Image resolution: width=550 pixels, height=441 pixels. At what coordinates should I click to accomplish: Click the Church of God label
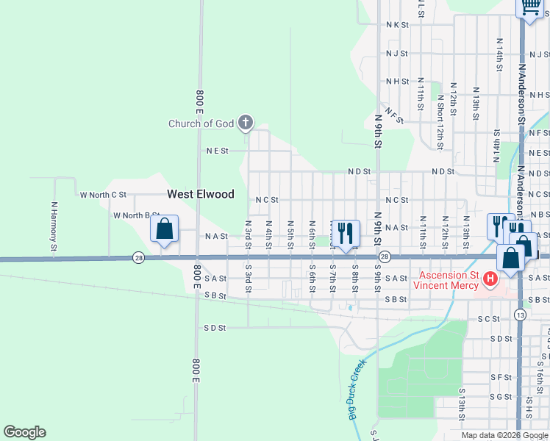pos(201,123)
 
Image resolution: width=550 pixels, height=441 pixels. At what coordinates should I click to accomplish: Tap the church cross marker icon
pos(246,123)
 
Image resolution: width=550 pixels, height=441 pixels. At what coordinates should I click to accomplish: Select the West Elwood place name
pos(201,194)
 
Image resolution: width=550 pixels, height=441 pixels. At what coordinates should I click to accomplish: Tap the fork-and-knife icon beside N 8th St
pos(345,233)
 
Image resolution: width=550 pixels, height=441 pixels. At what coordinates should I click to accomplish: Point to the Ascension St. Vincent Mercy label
pos(446,279)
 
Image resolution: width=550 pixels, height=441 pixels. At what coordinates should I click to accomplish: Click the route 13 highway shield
pos(521,315)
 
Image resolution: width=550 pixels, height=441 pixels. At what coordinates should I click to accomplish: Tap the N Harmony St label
pos(54,227)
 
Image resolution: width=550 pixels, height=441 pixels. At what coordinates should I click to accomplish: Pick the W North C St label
pos(103,195)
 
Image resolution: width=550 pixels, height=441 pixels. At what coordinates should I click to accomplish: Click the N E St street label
pos(218,151)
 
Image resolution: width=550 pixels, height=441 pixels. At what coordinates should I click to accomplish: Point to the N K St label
pos(397,24)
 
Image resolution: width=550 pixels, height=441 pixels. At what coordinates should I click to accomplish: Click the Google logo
pos(24,432)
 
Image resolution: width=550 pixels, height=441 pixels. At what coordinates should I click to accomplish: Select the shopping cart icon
pos(529,7)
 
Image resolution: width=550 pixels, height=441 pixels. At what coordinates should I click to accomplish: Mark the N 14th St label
pos(499,54)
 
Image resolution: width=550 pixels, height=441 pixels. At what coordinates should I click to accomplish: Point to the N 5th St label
pos(290,233)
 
